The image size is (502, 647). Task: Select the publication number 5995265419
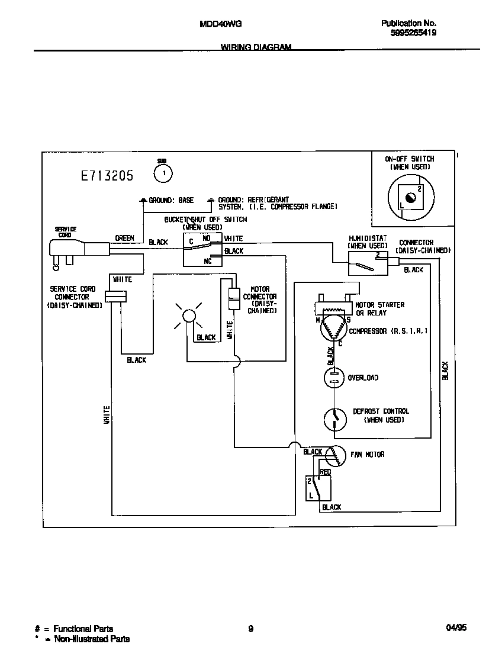pyautogui.click(x=414, y=34)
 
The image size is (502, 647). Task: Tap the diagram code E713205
pyautogui.click(x=107, y=176)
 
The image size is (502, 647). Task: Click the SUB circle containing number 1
pyautogui.click(x=163, y=173)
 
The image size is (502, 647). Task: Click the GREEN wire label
pyautogui.click(x=124, y=238)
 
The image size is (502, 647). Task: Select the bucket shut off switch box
pyautogui.click(x=202, y=250)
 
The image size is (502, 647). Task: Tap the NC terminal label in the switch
pyautogui.click(x=208, y=260)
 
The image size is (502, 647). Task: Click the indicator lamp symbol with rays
pyautogui.click(x=188, y=316)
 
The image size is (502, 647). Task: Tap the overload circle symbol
pyautogui.click(x=334, y=378)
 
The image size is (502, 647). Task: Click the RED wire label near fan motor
pyautogui.click(x=325, y=472)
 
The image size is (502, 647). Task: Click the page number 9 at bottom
pyautogui.click(x=251, y=629)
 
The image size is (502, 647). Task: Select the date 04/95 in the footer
pyautogui.click(x=456, y=629)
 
